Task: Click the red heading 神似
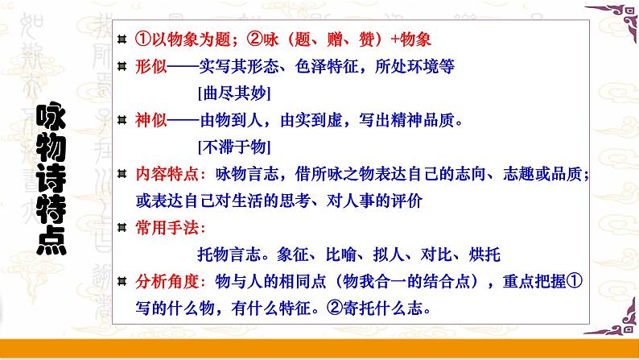[x=150, y=121]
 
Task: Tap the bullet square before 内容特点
[x=122, y=175]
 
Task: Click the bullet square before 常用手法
[x=122, y=229]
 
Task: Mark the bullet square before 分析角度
[x=122, y=282]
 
